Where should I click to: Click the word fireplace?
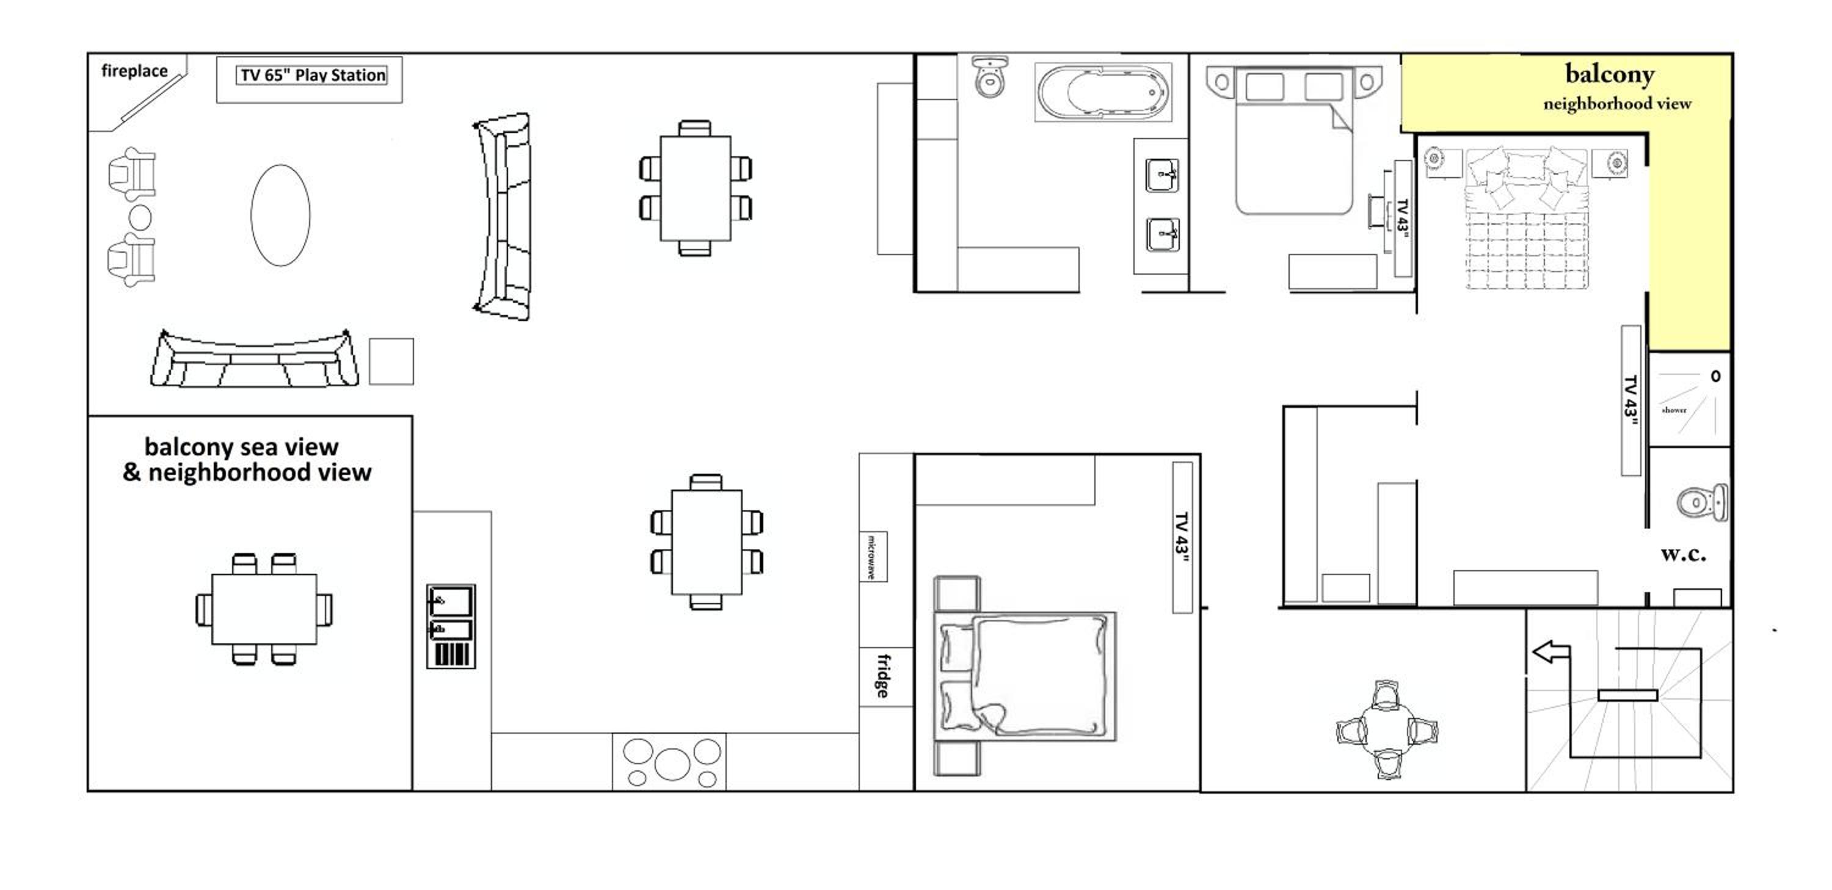(x=134, y=71)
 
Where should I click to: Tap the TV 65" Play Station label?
(x=312, y=75)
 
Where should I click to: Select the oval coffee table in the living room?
(x=280, y=215)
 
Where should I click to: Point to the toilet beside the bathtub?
(x=989, y=77)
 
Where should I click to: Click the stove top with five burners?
(x=670, y=762)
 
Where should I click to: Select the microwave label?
(x=872, y=557)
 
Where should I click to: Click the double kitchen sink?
(x=451, y=626)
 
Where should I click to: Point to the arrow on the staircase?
(x=1550, y=652)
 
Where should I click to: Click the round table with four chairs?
(x=1387, y=730)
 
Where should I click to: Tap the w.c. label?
(x=1684, y=554)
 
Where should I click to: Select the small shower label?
(x=1674, y=410)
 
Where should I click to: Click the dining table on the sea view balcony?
(x=264, y=609)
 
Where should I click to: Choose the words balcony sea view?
(x=241, y=447)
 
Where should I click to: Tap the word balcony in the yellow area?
(x=1609, y=74)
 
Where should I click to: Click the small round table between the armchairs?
(x=139, y=217)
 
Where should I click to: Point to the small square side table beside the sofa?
(x=391, y=361)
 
